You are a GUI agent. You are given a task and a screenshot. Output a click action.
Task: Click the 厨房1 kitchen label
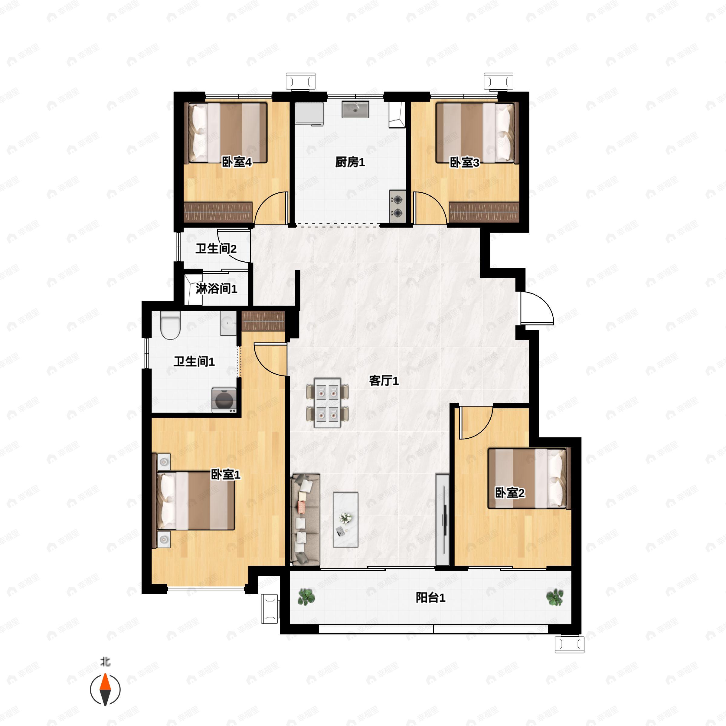coord(350,162)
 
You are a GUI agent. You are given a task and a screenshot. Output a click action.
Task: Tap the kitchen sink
coord(355,109)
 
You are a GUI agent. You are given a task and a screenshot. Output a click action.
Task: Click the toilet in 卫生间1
coord(170,325)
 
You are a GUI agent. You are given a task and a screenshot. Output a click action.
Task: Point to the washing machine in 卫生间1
coord(224,400)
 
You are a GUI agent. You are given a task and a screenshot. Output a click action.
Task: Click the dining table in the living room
coord(328,403)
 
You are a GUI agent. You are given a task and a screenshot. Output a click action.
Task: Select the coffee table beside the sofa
coord(345,520)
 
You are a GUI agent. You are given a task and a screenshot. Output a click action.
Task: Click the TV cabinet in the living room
coord(443,520)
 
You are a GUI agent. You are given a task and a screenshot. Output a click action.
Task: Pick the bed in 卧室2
coord(529,478)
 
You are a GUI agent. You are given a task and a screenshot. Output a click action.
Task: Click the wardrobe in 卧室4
coord(218,212)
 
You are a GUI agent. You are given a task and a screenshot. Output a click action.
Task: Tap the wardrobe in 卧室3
coord(484,212)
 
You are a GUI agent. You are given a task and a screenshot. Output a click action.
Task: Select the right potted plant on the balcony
coord(555,597)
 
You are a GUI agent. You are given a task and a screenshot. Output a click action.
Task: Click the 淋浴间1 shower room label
coord(217,289)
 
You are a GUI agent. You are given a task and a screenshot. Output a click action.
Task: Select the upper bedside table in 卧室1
coord(164,462)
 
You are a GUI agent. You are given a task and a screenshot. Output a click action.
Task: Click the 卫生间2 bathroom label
coord(216,248)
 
